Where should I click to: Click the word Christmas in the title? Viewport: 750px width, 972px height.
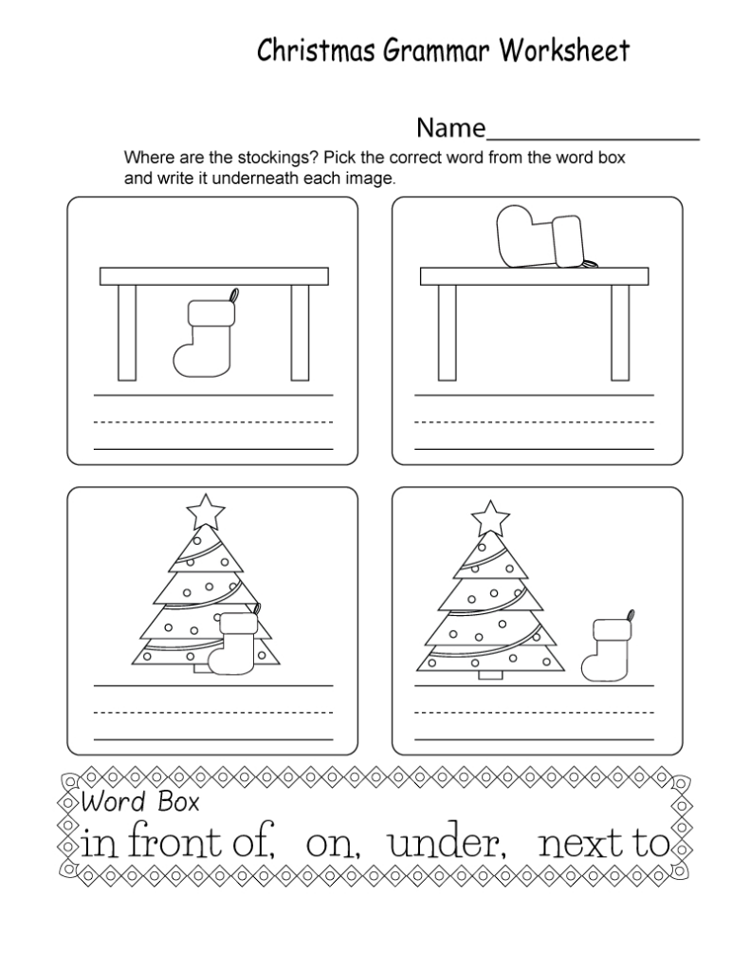tap(302, 51)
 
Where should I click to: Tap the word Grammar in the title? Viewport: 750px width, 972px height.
tap(424, 51)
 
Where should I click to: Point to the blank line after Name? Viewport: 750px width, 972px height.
tap(593, 139)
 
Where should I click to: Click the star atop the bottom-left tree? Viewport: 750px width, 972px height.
tap(206, 512)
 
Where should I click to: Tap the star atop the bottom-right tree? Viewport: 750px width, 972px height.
tap(490, 519)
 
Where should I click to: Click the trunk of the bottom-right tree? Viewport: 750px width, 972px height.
tap(489, 674)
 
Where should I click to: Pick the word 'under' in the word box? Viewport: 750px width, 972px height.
tap(444, 844)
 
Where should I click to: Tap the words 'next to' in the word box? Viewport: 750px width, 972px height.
tap(603, 844)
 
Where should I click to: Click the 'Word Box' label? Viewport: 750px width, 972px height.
tap(139, 802)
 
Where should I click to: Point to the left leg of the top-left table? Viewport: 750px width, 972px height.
tap(126, 331)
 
